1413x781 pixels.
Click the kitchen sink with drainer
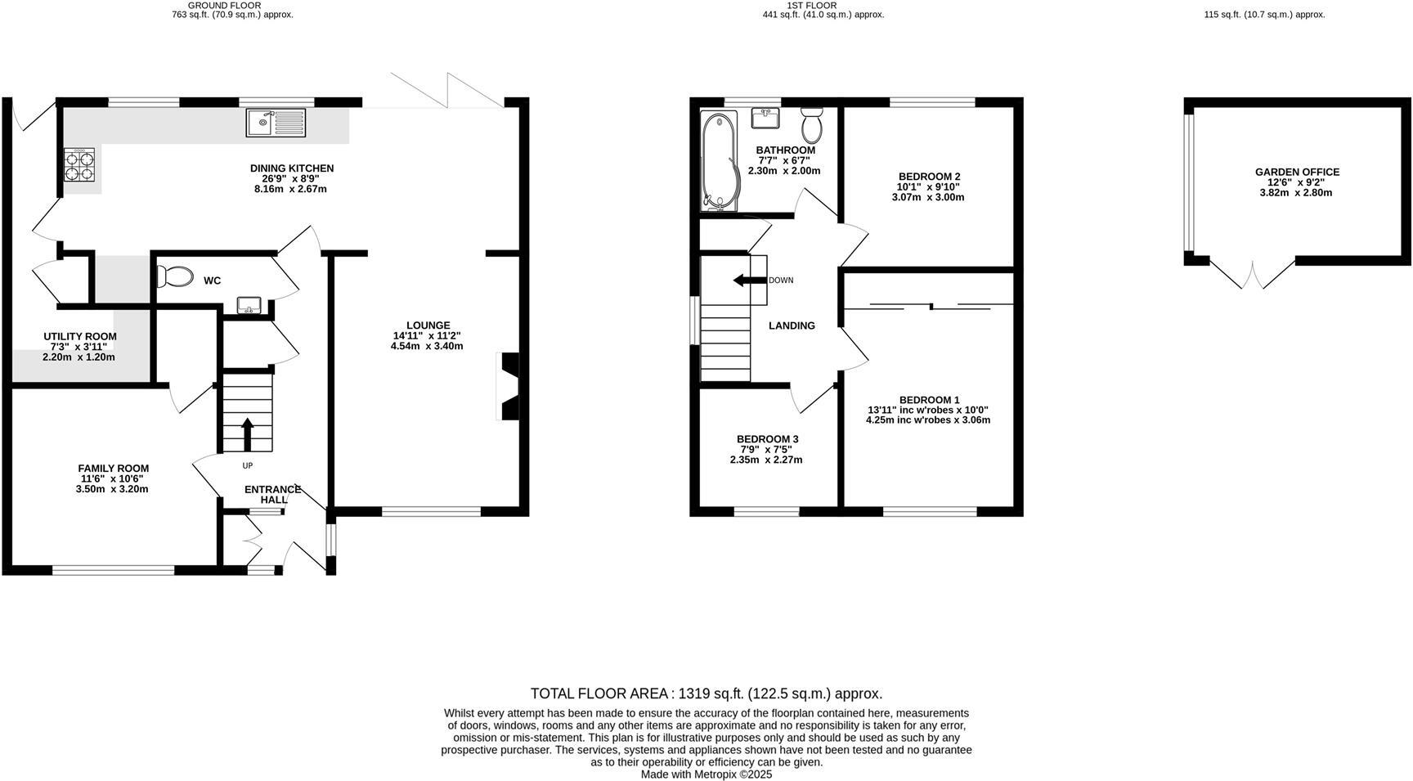coord(276,123)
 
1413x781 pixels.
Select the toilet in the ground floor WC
coord(174,277)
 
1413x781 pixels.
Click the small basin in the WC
coord(249,306)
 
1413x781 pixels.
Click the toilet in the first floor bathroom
coord(812,125)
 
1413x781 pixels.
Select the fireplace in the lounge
coord(509,386)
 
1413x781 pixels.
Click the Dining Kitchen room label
coord(292,168)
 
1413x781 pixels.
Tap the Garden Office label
coord(1297,173)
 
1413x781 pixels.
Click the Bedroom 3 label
coord(767,439)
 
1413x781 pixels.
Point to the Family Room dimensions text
coord(113,484)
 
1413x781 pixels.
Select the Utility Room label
coord(80,337)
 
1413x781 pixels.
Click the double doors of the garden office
coord(1253,274)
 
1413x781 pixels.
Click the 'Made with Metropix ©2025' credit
coord(706,774)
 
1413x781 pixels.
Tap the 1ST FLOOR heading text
coord(811,5)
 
